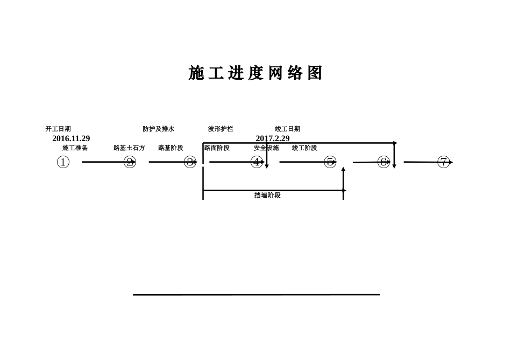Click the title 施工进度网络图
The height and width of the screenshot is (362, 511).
coord(256,73)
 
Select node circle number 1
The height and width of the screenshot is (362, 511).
coord(63,162)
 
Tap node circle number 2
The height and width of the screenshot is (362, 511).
coord(130,162)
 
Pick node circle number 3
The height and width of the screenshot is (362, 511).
coord(190,162)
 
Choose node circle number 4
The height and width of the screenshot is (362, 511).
coord(257,162)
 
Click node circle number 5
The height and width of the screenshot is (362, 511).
coord(330,162)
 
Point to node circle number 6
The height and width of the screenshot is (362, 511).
coord(384,162)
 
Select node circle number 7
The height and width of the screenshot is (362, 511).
coord(443,162)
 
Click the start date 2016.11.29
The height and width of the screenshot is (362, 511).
coord(71,138)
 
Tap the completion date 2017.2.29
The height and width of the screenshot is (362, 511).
coord(273,138)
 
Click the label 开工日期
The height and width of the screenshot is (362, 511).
coord(58,129)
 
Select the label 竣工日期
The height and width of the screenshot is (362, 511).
coord(288,129)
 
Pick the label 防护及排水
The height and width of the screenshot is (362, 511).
coord(159,129)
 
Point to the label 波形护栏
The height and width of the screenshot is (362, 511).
coord(221,129)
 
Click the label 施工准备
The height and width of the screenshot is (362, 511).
coord(75,148)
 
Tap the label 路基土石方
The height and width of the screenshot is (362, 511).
coord(129,148)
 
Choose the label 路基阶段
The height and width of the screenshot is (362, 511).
coord(171,148)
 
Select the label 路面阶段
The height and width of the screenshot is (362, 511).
coord(217,148)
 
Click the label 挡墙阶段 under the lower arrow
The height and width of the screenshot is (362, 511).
coord(267,196)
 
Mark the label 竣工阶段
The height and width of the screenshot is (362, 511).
coord(304,148)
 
